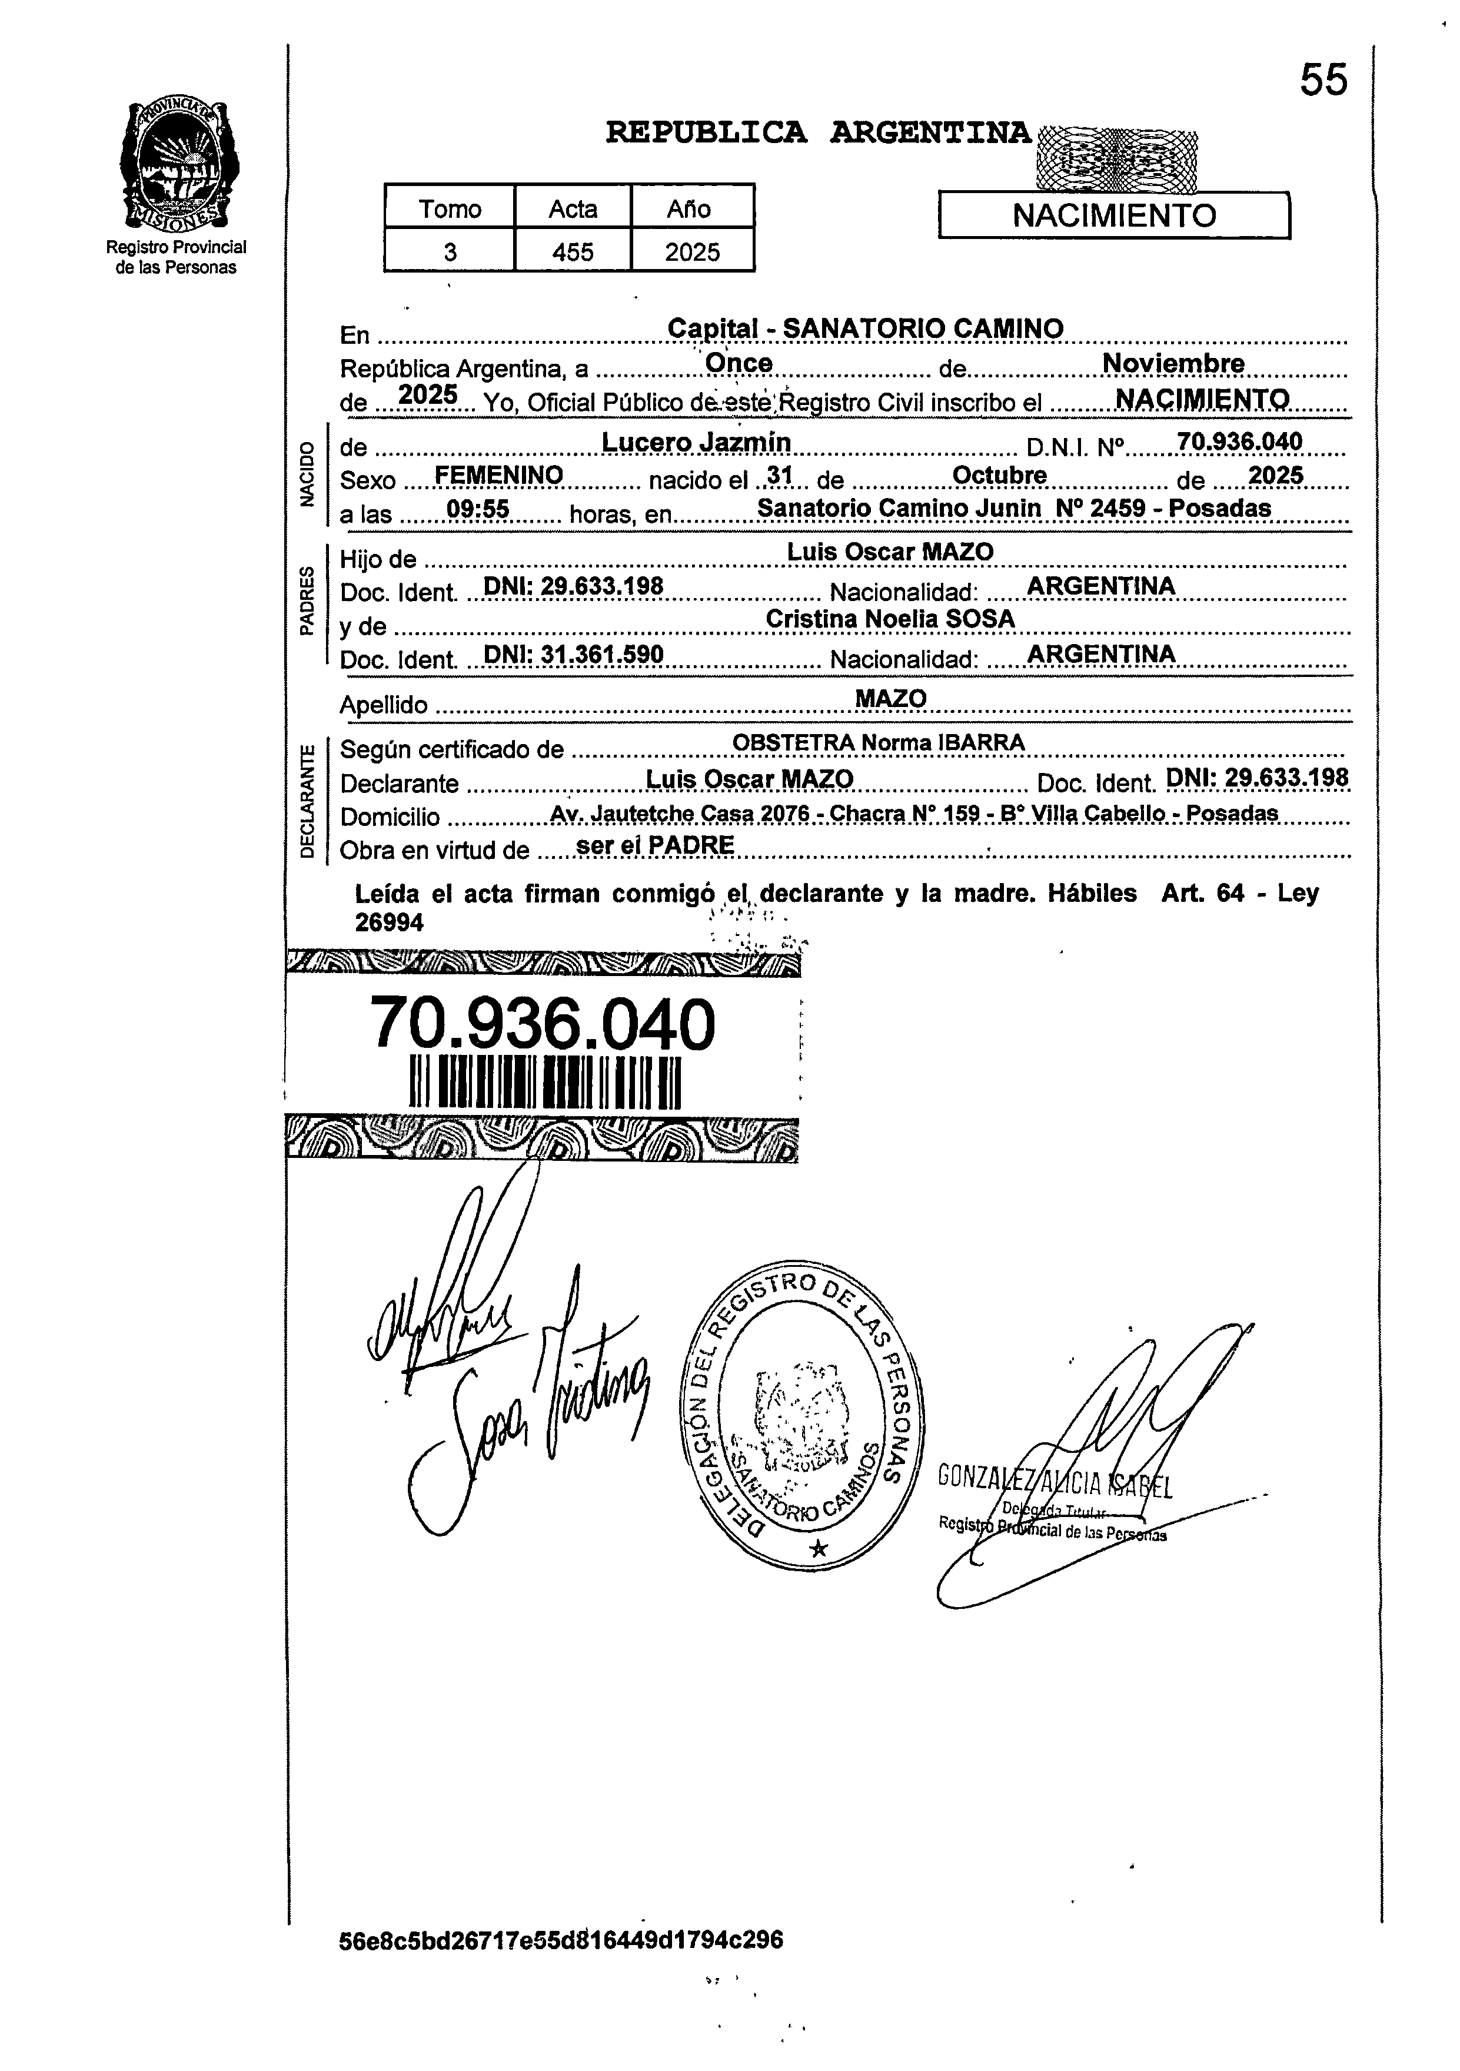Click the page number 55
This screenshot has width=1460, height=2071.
pyautogui.click(x=1323, y=80)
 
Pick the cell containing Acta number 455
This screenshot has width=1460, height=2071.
pyautogui.click(x=573, y=251)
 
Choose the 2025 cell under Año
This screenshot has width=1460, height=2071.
pyautogui.click(x=691, y=251)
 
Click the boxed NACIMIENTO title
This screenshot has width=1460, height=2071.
pyautogui.click(x=1114, y=215)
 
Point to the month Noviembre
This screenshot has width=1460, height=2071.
pyautogui.click(x=1173, y=363)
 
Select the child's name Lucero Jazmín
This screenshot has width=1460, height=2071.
pyautogui.click(x=696, y=442)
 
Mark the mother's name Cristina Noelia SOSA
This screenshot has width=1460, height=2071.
pyautogui.click(x=890, y=619)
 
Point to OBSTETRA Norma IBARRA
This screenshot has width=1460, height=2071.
pyautogui.click(x=879, y=742)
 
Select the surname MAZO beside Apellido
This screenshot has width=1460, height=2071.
pyautogui.click(x=890, y=698)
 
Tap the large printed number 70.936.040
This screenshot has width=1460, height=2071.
pyautogui.click(x=543, y=1025)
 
